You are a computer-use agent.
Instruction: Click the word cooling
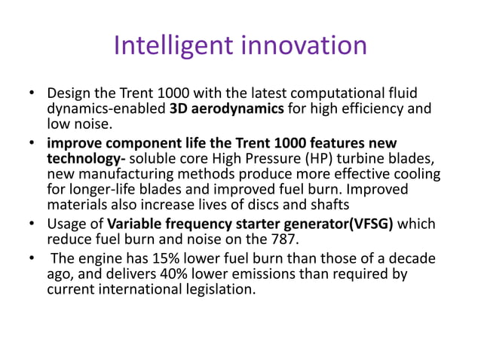418,175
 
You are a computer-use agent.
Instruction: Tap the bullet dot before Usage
32,224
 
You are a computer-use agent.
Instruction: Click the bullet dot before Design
32,94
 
